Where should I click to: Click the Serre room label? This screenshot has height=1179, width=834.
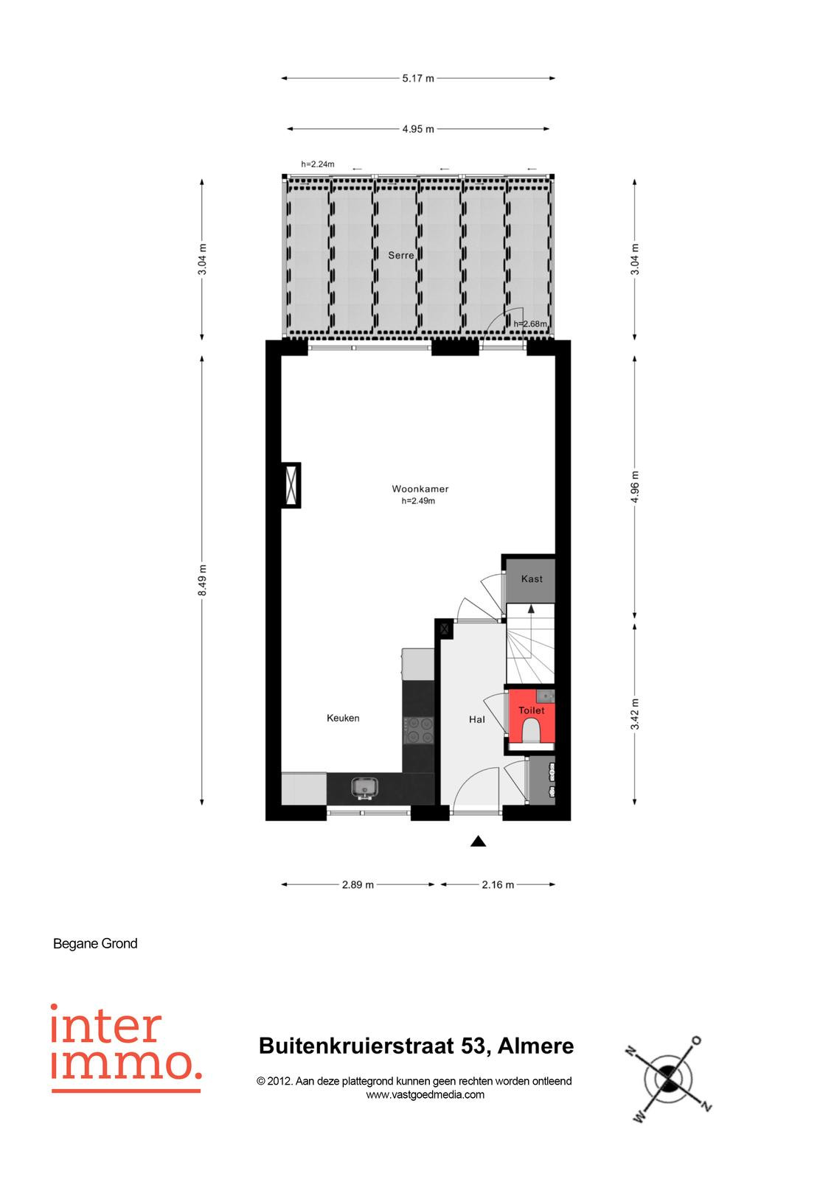click(x=400, y=255)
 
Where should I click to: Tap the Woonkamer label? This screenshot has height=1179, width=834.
click(x=420, y=489)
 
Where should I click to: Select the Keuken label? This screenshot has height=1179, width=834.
click(x=343, y=718)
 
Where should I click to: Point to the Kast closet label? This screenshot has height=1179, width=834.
click(x=532, y=579)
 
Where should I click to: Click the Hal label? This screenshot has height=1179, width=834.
click(x=477, y=719)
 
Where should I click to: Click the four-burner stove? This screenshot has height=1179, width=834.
click(x=418, y=730)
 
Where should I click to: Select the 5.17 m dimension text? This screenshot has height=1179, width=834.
click(x=418, y=78)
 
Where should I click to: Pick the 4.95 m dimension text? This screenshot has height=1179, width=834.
click(x=418, y=129)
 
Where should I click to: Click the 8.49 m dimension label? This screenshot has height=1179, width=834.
click(x=202, y=580)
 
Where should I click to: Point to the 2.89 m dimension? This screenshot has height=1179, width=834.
click(x=358, y=885)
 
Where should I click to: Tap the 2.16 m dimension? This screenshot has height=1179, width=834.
click(x=498, y=885)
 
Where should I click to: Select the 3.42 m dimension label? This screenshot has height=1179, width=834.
click(x=635, y=714)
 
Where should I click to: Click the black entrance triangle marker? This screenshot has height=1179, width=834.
click(x=478, y=841)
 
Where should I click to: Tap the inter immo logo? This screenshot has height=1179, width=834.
click(x=126, y=1049)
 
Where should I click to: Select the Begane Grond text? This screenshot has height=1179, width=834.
click(x=95, y=944)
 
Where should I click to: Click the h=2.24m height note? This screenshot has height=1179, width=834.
click(x=318, y=164)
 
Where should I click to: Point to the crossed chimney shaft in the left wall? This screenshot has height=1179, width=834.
click(x=291, y=486)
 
